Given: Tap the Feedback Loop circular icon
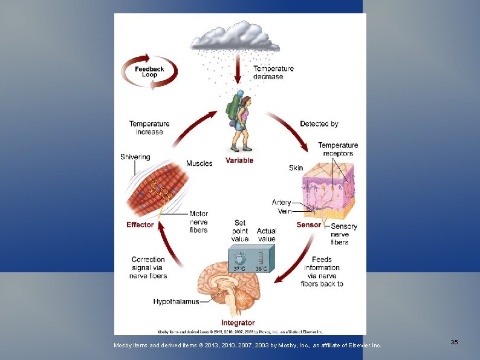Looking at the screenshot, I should (x=149, y=71).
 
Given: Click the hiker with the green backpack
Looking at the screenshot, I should (x=239, y=121).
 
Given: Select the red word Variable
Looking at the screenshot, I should (x=239, y=160).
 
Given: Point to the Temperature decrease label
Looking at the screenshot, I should (x=273, y=73).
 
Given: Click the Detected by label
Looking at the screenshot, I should (x=319, y=124).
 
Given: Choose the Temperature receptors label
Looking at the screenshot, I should (x=338, y=149).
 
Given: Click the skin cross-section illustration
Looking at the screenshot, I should (x=332, y=194).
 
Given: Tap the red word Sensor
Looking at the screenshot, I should (x=308, y=225).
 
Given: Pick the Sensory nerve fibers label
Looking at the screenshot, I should (x=344, y=234).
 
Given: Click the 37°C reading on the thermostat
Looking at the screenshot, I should (x=239, y=268).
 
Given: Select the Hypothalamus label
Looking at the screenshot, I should (x=176, y=301).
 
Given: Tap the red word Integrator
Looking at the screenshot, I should (x=238, y=322).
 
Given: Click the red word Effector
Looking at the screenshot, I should (x=140, y=225).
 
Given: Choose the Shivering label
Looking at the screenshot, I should (x=135, y=157).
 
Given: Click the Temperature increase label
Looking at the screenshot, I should (x=149, y=128).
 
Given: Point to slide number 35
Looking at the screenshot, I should (x=454, y=342).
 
